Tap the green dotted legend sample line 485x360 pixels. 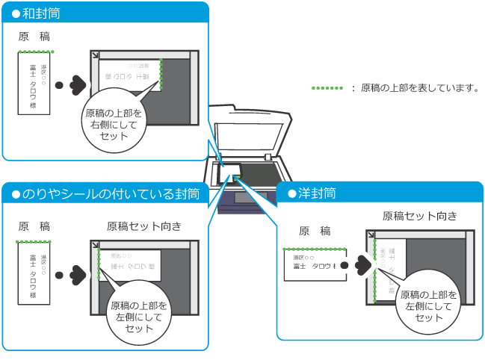327,87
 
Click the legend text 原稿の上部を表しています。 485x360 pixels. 419,87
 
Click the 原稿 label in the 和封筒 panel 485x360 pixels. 34,37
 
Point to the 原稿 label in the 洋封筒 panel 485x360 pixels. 315,231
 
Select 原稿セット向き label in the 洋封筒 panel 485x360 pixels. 419,216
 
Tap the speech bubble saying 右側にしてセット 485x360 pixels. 114,124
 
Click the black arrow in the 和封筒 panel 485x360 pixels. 72,84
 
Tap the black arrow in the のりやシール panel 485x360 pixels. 72,273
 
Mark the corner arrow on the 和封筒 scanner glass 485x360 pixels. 94,56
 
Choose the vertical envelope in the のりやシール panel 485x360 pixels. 34,273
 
